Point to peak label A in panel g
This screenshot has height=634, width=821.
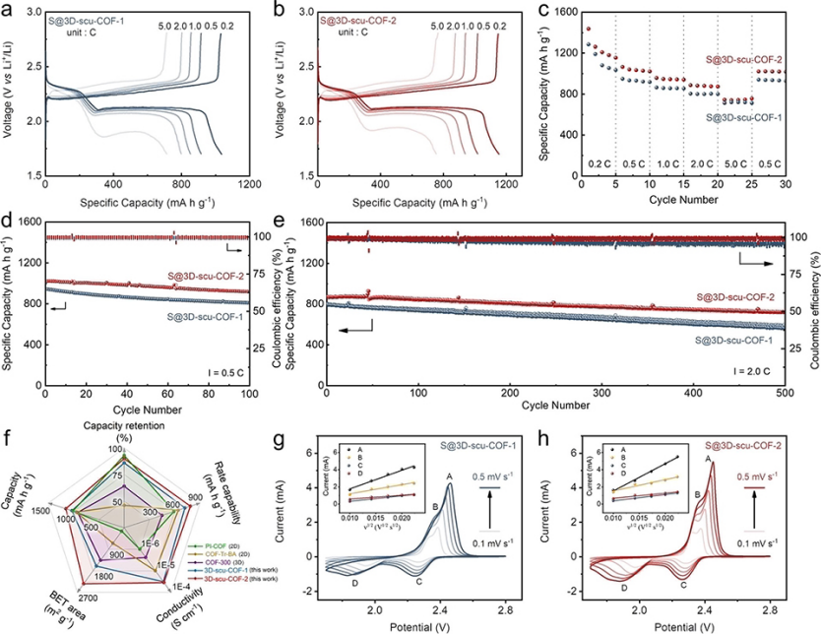point(449,476)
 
